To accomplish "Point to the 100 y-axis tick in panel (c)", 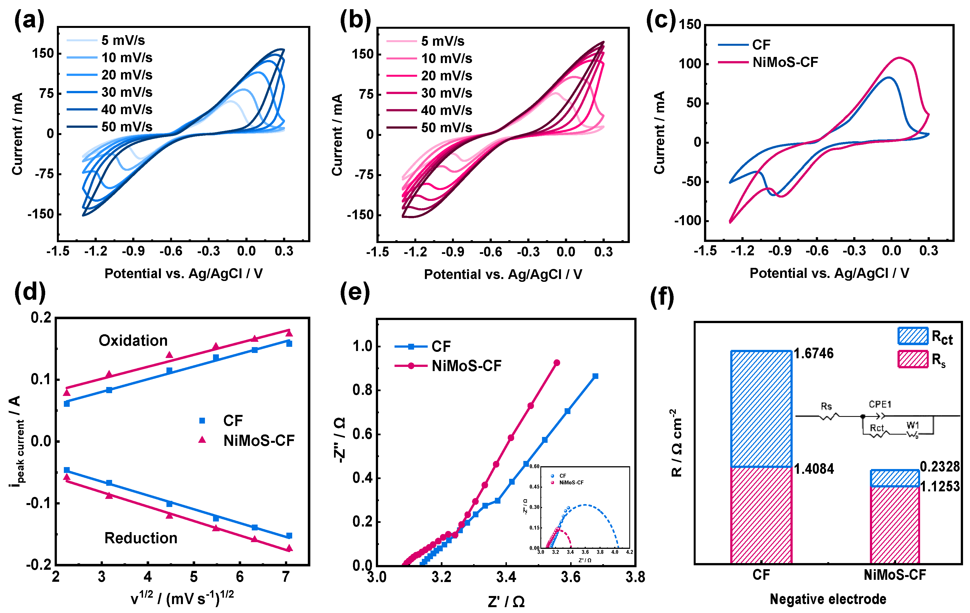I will pyautogui.click(x=690, y=64).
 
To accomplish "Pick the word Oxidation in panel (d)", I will pyautogui.click(x=133, y=341).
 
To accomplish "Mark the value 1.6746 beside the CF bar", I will pyautogui.click(x=813, y=354).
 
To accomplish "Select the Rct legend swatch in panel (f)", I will pyautogui.click(x=913, y=336).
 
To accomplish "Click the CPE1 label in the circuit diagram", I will pyautogui.click(x=880, y=404).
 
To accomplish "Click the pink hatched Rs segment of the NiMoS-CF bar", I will pyautogui.click(x=895, y=524).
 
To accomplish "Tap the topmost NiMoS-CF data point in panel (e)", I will pyautogui.click(x=557, y=363).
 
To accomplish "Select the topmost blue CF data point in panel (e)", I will pyautogui.click(x=595, y=376).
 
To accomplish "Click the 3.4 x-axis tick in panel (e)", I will pyautogui.click(x=506, y=577).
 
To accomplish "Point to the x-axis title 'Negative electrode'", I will pyautogui.click(x=828, y=599).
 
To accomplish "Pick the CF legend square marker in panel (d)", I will pyautogui.click(x=202, y=421).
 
